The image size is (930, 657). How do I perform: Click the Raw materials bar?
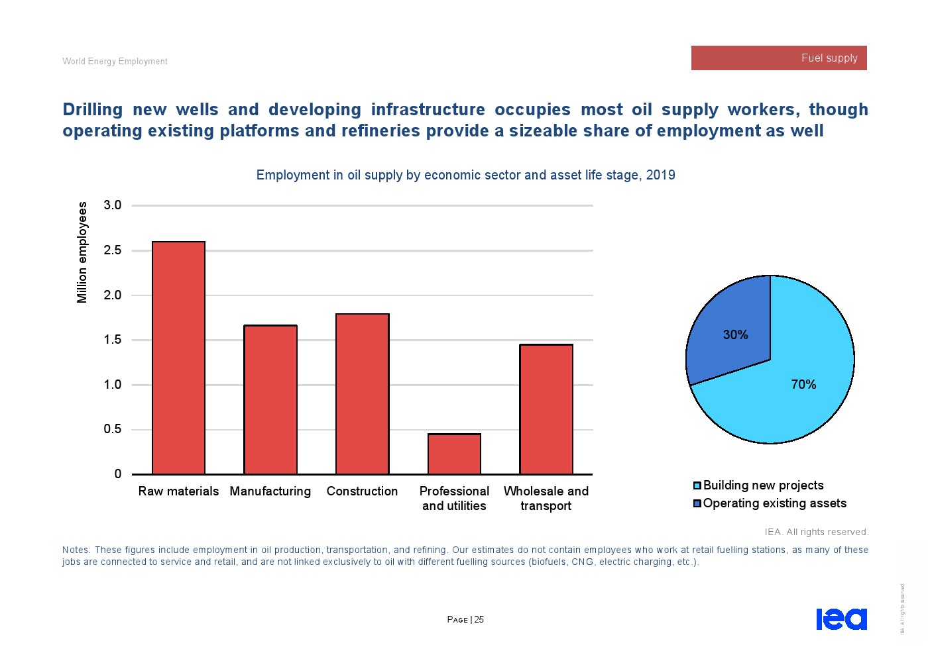coord(178,358)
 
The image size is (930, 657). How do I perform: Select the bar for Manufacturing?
coord(270,399)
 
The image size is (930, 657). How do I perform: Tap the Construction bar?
coord(362,394)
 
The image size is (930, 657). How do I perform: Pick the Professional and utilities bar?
coord(454,454)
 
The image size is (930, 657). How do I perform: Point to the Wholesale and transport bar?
coord(546,409)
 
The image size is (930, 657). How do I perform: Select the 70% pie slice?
coord(795,391)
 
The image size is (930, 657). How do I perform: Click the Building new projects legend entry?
coord(763,485)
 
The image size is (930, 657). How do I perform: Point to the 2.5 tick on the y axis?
coord(113,250)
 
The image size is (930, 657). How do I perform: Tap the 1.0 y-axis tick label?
coord(113,385)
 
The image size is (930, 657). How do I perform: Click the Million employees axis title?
coord(82,252)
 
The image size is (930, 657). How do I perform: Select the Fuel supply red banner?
coord(779,58)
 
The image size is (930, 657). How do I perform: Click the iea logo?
coord(841,619)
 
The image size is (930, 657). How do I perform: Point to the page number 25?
coord(479,620)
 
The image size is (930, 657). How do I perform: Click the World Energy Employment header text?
coord(115,62)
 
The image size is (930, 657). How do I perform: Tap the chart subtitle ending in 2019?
coord(465,175)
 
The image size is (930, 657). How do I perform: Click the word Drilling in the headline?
coord(93,109)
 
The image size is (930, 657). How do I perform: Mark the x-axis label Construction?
coord(362,491)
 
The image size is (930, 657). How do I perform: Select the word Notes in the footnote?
coord(76,550)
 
